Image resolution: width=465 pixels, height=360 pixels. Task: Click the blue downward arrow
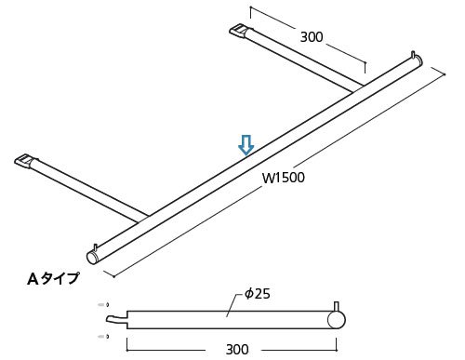click(x=246, y=145)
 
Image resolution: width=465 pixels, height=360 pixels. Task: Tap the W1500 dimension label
click(x=284, y=178)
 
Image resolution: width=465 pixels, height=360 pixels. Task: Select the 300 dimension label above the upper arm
click(x=312, y=37)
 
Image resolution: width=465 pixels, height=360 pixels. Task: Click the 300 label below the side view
click(x=237, y=350)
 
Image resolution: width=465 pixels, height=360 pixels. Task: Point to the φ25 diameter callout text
click(x=258, y=293)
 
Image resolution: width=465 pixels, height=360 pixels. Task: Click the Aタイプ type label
click(x=53, y=278)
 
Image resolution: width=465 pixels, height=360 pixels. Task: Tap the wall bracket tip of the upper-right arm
click(x=238, y=31)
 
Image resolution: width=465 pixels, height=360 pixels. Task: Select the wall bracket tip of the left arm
click(x=23, y=161)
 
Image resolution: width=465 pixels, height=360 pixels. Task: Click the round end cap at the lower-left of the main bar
click(x=92, y=258)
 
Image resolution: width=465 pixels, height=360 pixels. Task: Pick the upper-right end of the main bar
click(x=418, y=60)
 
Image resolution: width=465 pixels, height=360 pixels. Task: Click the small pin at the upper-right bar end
click(x=413, y=54)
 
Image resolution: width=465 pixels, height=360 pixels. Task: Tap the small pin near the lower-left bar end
click(x=96, y=247)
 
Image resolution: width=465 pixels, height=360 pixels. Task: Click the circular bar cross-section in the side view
click(x=337, y=320)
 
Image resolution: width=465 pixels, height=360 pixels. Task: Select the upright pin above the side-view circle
click(x=337, y=306)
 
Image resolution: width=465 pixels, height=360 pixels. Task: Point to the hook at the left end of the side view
click(x=116, y=320)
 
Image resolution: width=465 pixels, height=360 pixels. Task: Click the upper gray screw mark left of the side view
click(x=103, y=305)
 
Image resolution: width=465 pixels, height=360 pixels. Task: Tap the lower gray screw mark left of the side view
click(x=103, y=337)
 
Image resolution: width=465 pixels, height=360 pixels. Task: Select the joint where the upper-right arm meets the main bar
click(x=358, y=88)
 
